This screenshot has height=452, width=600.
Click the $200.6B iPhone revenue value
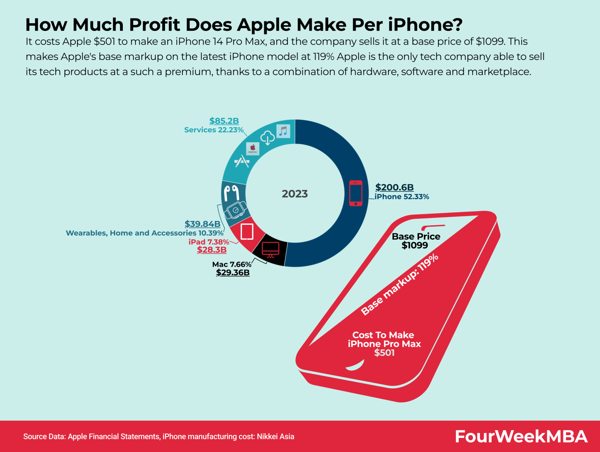(394, 187)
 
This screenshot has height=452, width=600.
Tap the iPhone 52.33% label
(402, 197)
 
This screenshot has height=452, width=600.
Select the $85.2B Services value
(224, 121)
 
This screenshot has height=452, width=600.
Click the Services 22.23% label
(214, 130)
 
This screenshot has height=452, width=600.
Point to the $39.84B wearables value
(202, 224)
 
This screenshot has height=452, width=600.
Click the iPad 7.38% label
(209, 242)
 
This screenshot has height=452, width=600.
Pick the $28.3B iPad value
(212, 250)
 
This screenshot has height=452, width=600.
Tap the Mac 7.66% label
(232, 264)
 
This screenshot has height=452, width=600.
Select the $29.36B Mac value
(233, 273)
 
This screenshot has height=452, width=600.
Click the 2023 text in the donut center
(295, 194)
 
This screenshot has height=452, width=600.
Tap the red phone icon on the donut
(356, 193)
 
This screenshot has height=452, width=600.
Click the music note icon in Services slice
(283, 131)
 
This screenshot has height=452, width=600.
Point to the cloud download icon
(267, 138)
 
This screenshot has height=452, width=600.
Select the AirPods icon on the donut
(232, 192)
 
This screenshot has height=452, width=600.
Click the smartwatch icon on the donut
(236, 210)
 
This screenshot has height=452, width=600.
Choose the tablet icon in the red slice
(247, 232)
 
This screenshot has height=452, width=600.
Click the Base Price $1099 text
(416, 241)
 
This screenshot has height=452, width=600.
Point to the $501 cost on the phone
(384, 353)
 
